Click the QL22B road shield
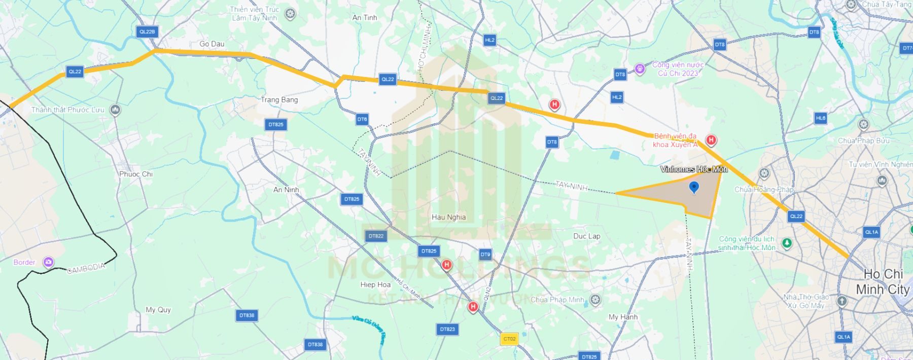[x=147, y=31]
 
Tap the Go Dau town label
[x=212, y=44]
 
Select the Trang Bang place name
[x=279, y=100]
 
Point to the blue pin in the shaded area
[x=694, y=188]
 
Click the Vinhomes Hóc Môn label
[x=694, y=169]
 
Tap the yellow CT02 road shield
[x=509, y=339]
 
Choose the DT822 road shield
[x=376, y=236]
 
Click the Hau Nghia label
[x=448, y=217]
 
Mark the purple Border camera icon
[x=48, y=262]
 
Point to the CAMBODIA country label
[x=86, y=268]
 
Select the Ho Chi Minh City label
[x=883, y=282]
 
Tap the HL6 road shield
[x=821, y=118]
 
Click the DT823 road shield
[x=447, y=329]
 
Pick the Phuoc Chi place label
[x=136, y=174]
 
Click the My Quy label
[x=158, y=310]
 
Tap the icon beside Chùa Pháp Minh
[x=595, y=300]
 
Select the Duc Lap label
[x=586, y=236]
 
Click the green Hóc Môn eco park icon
[x=787, y=243]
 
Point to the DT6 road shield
[x=362, y=120]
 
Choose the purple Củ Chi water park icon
[x=640, y=68]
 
